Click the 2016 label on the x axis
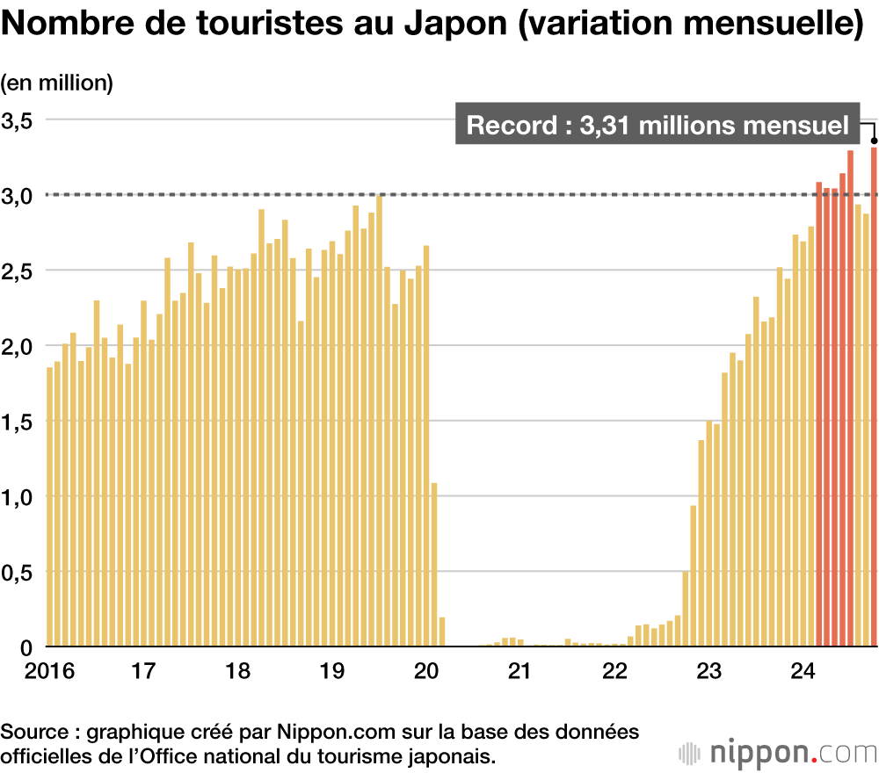tap(26, 672)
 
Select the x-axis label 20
tap(425, 672)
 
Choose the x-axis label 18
tap(237, 672)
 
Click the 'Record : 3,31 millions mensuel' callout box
tap(657, 126)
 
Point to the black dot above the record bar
tap(874, 140)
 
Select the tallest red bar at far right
tap(874, 395)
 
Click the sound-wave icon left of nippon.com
tap(692, 754)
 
